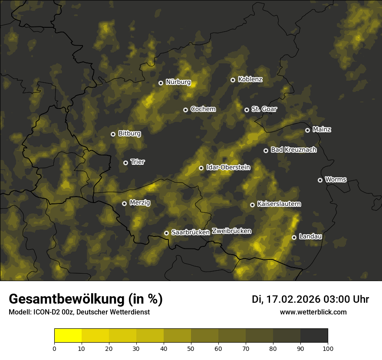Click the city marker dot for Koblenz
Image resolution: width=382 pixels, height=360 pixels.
[233, 80]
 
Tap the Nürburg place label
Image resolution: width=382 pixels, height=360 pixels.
[178, 82]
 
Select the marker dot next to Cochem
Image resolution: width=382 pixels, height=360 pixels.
[185, 110]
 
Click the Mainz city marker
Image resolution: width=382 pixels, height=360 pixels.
[307, 130]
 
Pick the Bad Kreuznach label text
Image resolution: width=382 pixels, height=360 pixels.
[293, 150]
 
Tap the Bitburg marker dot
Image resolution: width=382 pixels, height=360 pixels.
[113, 134]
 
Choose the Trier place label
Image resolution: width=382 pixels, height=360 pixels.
[138, 162]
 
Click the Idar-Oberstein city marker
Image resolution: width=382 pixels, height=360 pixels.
[201, 168]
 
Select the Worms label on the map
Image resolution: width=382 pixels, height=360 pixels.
[336, 180]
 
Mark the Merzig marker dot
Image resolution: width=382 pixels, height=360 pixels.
[124, 203]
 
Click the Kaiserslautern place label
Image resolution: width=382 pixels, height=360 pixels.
[279, 204]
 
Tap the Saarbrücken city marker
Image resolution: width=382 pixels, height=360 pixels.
[166, 233]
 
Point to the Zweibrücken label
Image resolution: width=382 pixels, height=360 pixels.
[231, 231]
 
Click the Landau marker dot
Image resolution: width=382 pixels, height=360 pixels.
[294, 237]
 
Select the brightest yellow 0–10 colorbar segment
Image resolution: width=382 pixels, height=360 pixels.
[68, 336]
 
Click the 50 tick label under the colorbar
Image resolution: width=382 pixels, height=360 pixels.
[191, 348]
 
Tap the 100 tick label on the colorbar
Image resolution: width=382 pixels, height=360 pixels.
[327, 348]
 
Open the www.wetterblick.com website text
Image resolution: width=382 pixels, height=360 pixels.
[313, 312]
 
